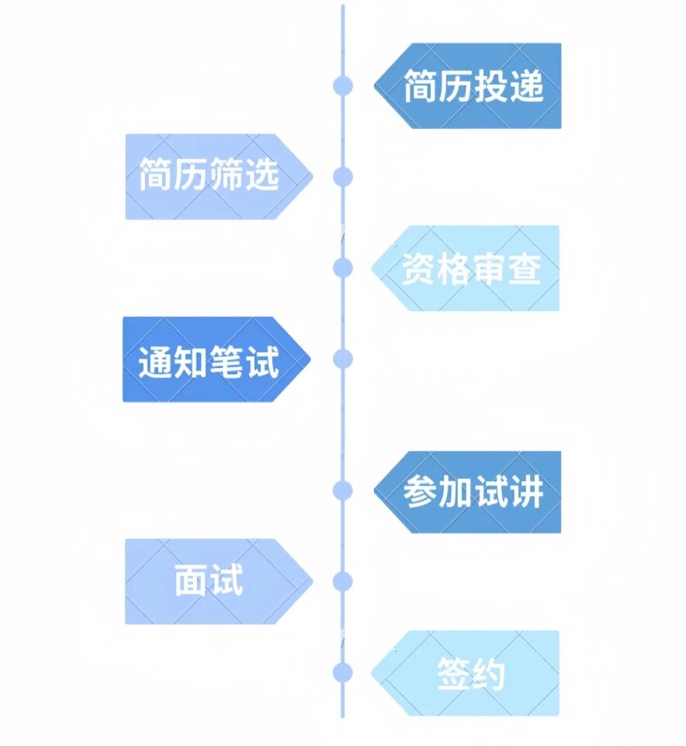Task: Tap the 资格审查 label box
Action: [469, 269]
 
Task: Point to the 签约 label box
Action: [469, 673]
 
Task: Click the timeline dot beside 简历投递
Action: [342, 86]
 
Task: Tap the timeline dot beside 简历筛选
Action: [342, 177]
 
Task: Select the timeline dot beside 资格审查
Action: [342, 268]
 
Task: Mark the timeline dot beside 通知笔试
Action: [342, 359]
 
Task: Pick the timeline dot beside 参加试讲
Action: [342, 491]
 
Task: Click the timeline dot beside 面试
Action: [342, 581]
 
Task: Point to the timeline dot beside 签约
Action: [342, 672]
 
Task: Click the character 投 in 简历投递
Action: [490, 86]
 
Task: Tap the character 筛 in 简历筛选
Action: [227, 176]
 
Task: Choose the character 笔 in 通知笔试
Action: [227, 361]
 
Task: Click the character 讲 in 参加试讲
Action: [526, 492]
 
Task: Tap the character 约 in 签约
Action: [489, 674]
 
